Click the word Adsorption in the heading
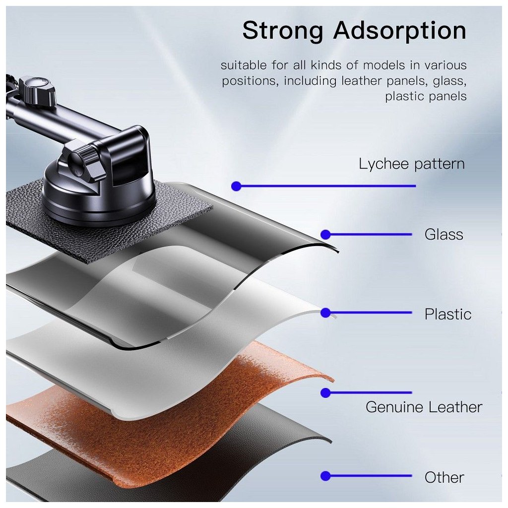point(400,31)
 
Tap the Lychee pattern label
point(412,164)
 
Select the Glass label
point(444,234)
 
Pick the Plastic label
point(447,314)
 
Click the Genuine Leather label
point(424,407)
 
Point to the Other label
point(444,477)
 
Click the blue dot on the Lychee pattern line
point(236,186)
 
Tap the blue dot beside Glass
point(325,234)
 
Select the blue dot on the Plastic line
point(325,313)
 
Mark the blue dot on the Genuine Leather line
point(325,392)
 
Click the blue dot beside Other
point(325,476)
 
